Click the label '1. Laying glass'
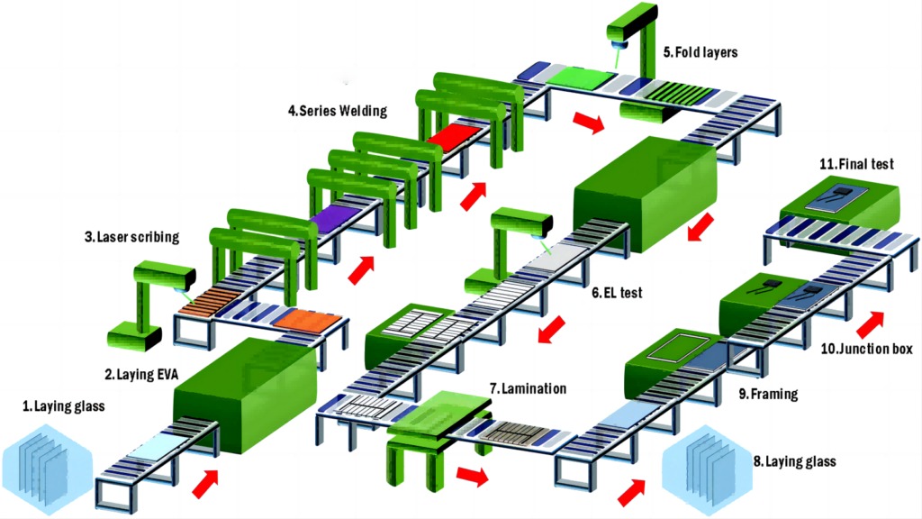pyautogui.click(x=63, y=406)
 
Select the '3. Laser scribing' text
pyautogui.click(x=131, y=238)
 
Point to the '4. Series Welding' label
pyautogui.click(x=338, y=112)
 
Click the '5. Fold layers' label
pyautogui.click(x=701, y=52)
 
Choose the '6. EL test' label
pyautogui.click(x=617, y=294)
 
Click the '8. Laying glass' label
pyautogui.click(x=795, y=462)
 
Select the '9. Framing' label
pyautogui.click(x=769, y=394)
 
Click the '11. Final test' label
pyautogui.click(x=856, y=165)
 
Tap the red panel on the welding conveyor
pyautogui.click(x=455, y=137)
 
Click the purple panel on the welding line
pyautogui.click(x=333, y=214)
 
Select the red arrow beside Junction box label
pyautogui.click(x=870, y=321)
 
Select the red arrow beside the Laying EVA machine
pyautogui.click(x=206, y=483)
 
